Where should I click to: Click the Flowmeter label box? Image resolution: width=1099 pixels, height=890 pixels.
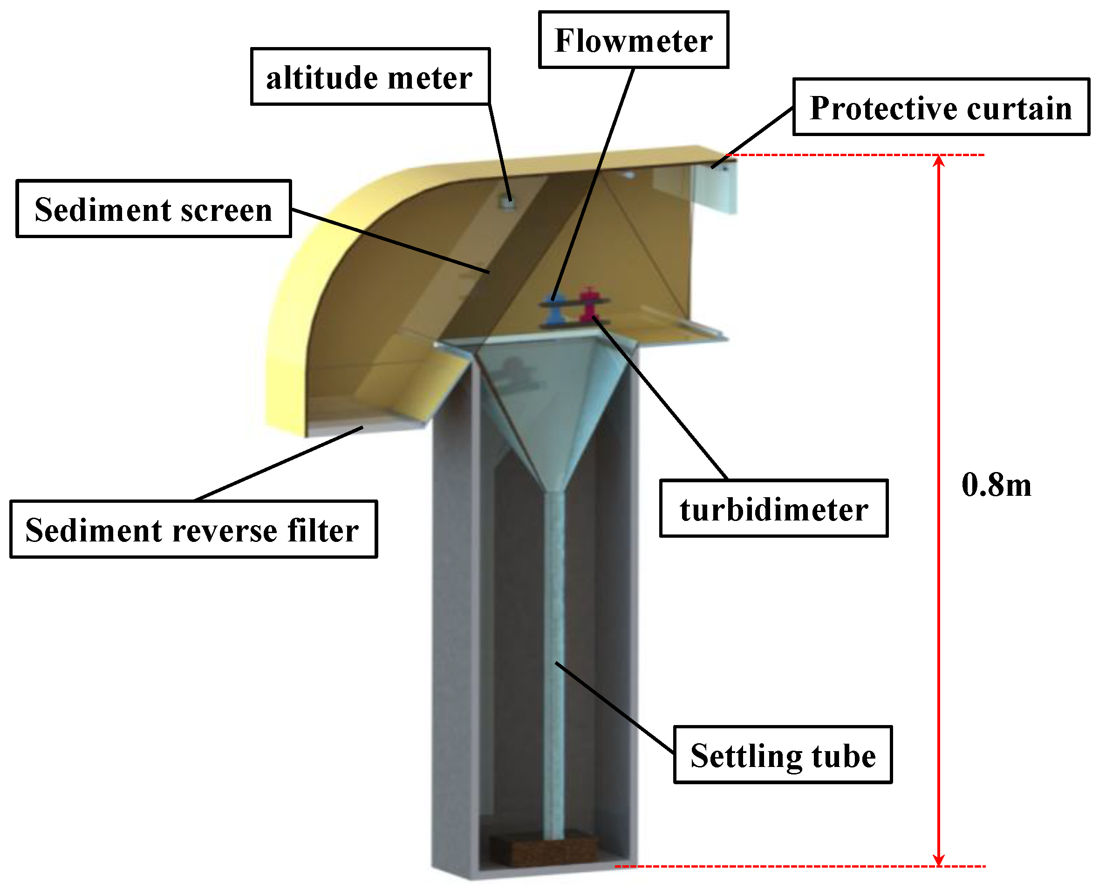[633, 40]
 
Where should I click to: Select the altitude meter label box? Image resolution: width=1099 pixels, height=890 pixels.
[369, 77]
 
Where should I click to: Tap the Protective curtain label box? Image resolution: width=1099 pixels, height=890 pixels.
[941, 107]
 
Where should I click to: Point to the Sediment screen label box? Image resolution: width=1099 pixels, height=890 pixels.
[153, 209]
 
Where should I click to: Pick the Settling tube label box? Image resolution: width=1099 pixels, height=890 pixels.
[783, 755]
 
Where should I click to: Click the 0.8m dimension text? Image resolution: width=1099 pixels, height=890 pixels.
[996, 485]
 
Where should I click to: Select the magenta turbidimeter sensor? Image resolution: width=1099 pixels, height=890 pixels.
[588, 305]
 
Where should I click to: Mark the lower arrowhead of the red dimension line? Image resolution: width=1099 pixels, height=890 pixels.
[939, 860]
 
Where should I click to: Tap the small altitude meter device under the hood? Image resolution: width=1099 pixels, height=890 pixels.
[507, 204]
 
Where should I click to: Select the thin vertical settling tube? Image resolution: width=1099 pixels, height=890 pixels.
[553, 666]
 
